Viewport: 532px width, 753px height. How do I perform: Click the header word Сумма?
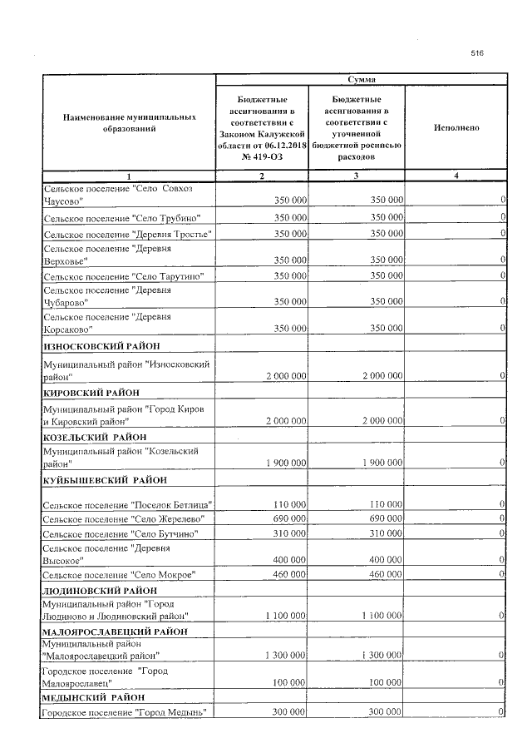361,79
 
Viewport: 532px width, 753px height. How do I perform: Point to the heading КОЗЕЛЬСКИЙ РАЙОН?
94,436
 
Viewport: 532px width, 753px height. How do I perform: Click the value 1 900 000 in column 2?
287,462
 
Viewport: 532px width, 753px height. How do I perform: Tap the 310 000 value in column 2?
289,533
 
